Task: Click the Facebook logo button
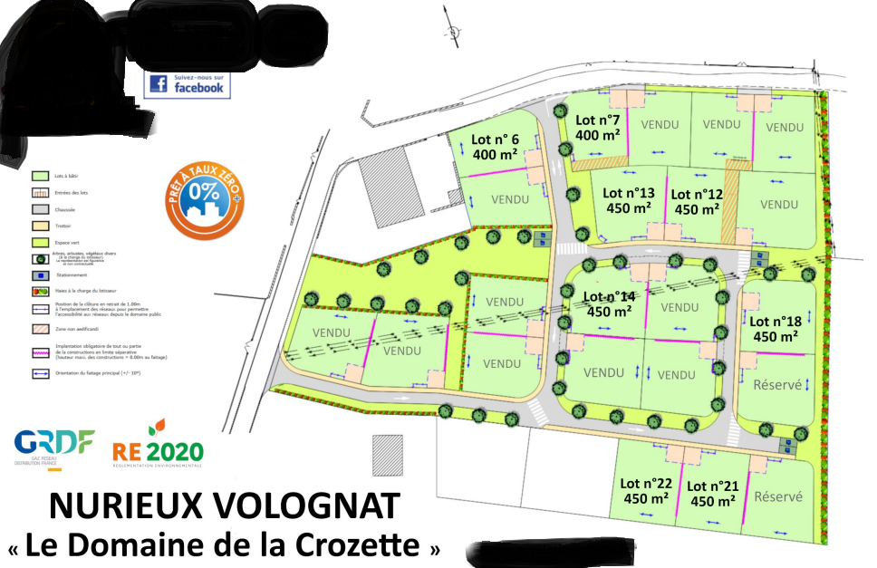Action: point(187,84)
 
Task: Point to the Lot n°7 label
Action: point(598,120)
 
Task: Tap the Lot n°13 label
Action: point(628,193)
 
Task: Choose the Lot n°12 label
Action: point(697,194)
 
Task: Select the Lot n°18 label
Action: point(775,321)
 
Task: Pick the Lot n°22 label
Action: point(646,483)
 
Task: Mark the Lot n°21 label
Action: point(713,486)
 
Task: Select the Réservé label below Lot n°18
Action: point(776,384)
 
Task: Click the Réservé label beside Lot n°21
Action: point(778,496)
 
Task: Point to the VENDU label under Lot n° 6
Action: point(509,198)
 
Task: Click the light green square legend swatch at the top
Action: point(39,176)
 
